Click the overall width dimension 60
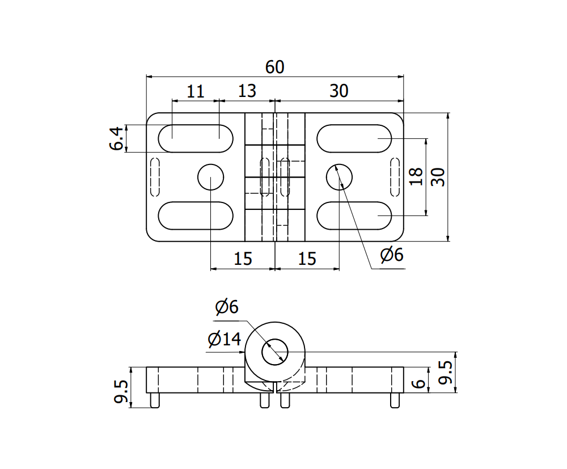[x=274, y=67]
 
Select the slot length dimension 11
[x=195, y=91]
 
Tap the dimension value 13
[x=247, y=91]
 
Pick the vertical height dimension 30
[x=438, y=176]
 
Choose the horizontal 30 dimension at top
[x=338, y=91]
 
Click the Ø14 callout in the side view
[x=225, y=340]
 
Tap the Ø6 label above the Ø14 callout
[x=227, y=307]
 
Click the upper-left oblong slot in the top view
[x=196, y=138]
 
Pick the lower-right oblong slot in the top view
[x=354, y=216]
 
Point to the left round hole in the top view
[x=211, y=178]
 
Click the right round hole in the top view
[x=340, y=178]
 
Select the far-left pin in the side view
[x=154, y=400]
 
